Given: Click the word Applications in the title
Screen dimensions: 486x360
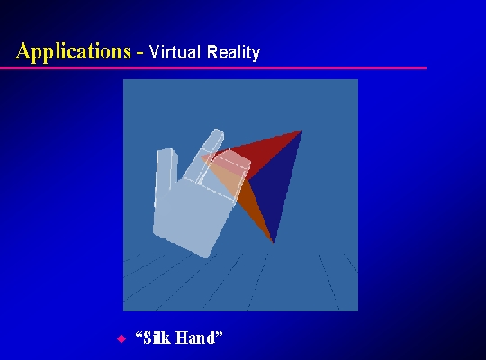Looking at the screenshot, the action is [x=73, y=52].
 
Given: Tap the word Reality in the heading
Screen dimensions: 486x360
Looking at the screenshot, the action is [x=233, y=53].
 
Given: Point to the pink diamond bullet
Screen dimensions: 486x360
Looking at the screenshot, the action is [x=121, y=338].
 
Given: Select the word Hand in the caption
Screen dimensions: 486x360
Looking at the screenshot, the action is [x=195, y=337].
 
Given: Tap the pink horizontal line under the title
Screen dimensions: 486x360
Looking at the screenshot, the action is [x=213, y=67].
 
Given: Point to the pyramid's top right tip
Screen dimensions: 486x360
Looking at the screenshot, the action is [x=301, y=131].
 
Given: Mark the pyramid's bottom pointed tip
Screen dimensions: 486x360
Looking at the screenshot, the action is [x=274, y=243].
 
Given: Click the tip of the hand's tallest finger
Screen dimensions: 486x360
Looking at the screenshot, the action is [x=218, y=131].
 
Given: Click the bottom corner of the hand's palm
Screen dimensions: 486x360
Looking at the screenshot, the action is [x=206, y=256].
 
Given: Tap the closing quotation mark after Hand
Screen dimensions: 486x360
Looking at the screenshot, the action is [x=219, y=334].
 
